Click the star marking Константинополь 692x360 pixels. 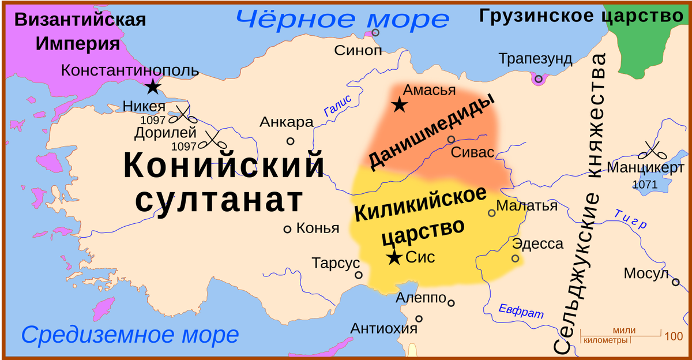click(x=152, y=87)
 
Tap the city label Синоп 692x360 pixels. click(x=358, y=50)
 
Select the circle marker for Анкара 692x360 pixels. click(x=291, y=141)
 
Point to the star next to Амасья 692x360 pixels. click(x=398, y=105)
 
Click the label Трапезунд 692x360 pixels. click(x=536, y=59)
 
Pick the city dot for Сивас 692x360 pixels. click(x=451, y=139)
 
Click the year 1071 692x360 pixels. click(x=646, y=185)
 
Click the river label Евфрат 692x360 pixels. click(x=521, y=311)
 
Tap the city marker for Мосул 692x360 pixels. click(x=675, y=282)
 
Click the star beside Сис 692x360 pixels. click(x=394, y=257)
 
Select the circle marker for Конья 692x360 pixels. click(x=287, y=229)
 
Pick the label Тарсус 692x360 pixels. click(x=336, y=263)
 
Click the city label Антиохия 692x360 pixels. click(x=383, y=328)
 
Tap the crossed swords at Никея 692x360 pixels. click(x=185, y=114)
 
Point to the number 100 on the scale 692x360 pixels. click(x=673, y=336)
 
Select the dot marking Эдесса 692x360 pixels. click(x=515, y=258)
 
